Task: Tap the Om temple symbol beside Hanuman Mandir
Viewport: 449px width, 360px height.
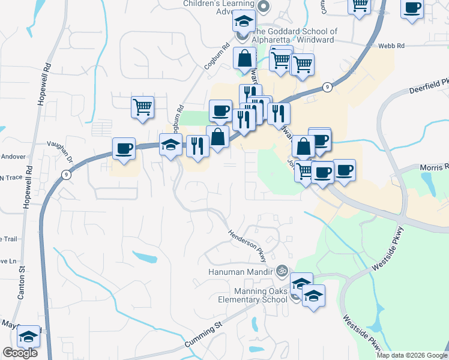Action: (x=282, y=271)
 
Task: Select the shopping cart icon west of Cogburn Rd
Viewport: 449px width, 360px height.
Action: (x=142, y=107)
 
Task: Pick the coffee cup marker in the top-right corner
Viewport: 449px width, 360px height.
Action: (x=412, y=8)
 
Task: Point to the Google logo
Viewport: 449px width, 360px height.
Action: (x=20, y=353)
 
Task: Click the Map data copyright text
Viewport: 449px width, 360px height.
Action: (x=412, y=355)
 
